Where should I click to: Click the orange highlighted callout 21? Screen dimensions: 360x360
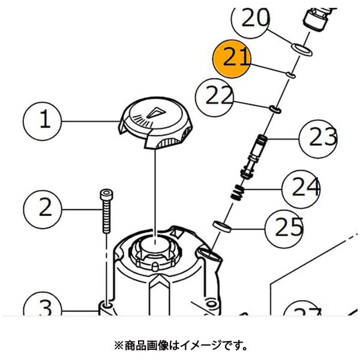tap(232, 59)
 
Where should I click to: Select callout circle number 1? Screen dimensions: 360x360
tap(42, 121)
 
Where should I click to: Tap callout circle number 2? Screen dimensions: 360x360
tap(43, 209)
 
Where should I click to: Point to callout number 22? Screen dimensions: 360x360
tap(215, 98)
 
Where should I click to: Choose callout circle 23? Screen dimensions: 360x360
tap(318, 139)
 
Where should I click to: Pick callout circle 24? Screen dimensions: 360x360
tap(301, 190)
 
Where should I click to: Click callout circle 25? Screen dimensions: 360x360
tap(284, 229)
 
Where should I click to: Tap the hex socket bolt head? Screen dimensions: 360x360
tap(107, 194)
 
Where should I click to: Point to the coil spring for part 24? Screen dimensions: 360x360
tap(238, 193)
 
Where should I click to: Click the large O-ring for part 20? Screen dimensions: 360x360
tap(302, 50)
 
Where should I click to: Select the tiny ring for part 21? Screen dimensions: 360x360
tap(290, 75)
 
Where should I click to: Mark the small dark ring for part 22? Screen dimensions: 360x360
tap(275, 109)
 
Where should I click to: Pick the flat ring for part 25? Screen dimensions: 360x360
tap(222, 226)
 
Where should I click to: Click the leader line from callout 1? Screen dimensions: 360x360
tap(91, 121)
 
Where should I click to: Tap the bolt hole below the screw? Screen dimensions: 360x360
tap(106, 306)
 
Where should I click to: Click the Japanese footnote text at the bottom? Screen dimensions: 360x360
tap(181, 346)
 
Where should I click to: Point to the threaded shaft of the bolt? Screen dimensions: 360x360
tap(107, 216)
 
